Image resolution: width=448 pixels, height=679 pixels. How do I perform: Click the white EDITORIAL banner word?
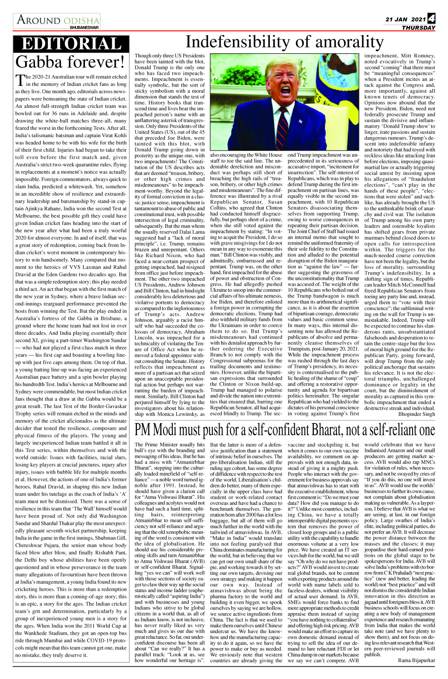(71, 44)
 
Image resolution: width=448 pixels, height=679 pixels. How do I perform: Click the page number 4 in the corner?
(431, 18)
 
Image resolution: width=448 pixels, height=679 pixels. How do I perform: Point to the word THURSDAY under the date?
(418, 28)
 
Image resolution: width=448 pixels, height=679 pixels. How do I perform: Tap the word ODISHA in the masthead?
(81, 21)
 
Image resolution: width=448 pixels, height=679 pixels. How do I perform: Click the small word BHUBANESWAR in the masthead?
(84, 28)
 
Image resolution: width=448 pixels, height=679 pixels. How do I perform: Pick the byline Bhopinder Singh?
(416, 414)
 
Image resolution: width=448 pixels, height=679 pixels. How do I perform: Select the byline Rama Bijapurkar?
(416, 660)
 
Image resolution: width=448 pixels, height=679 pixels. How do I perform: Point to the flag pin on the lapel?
(301, 121)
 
